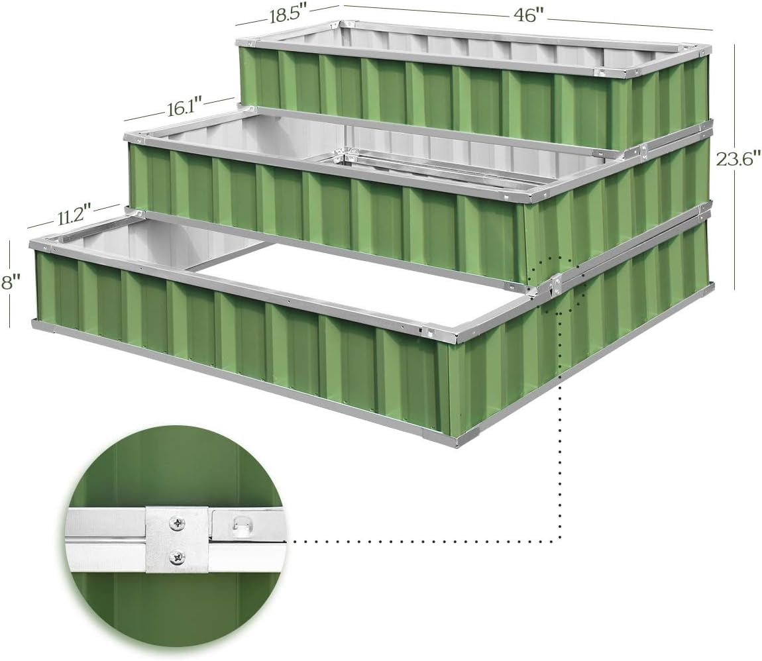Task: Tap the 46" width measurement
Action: click(x=528, y=15)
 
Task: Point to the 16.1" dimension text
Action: click(x=185, y=108)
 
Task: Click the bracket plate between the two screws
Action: click(x=178, y=540)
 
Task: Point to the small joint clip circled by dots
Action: click(x=555, y=285)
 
